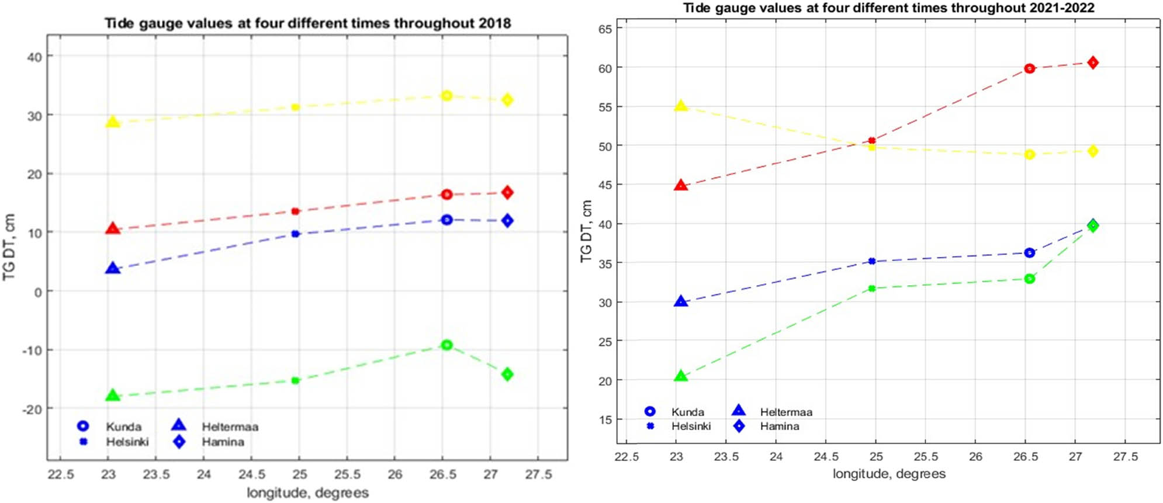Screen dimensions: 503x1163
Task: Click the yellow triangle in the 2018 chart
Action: [112, 122]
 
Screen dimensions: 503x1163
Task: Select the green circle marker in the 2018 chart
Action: [446, 345]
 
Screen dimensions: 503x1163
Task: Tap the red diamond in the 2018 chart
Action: [507, 192]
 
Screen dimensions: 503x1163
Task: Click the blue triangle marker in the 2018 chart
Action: [112, 269]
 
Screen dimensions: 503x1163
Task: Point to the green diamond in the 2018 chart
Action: [507, 374]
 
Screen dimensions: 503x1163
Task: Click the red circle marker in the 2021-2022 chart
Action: [1029, 69]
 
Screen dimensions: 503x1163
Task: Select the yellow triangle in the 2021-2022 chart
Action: [680, 106]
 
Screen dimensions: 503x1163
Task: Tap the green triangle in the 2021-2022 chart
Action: [680, 376]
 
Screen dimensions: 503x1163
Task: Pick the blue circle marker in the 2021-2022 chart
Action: [1029, 253]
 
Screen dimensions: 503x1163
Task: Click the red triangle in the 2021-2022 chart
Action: [680, 186]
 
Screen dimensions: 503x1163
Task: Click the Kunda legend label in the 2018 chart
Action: [123, 426]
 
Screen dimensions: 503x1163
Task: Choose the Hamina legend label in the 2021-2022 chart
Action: [779, 426]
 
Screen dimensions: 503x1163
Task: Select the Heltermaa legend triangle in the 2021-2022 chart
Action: [739, 411]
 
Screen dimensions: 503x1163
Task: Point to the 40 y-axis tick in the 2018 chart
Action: [34, 57]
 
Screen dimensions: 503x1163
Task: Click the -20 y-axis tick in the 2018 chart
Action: [32, 409]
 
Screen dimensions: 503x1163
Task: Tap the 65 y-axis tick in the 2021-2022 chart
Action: [605, 29]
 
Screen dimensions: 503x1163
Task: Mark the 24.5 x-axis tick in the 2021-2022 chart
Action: [826, 457]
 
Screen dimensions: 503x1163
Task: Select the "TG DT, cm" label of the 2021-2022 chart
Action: [586, 231]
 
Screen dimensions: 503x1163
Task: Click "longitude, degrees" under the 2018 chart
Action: [307, 492]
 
